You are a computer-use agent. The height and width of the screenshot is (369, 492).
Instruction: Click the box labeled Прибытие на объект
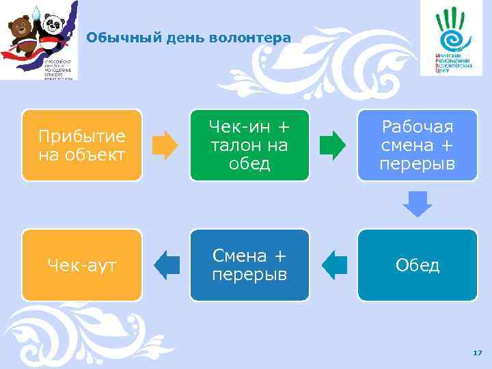(81, 145)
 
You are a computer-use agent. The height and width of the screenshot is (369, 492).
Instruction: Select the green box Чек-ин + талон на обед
(249, 145)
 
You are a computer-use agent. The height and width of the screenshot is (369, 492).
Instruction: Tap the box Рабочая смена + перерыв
(418, 145)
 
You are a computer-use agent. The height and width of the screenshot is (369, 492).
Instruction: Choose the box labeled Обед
(418, 265)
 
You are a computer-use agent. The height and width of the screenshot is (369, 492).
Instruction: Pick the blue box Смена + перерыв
(249, 265)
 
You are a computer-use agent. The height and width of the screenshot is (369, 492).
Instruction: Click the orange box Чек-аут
(81, 265)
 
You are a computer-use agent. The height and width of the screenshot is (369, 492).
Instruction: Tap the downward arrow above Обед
(418, 204)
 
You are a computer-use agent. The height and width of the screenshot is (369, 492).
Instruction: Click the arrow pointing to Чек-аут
(166, 264)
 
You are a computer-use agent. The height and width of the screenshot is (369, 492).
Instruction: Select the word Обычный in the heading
(113, 38)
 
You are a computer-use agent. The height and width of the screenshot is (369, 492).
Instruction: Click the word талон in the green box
(230, 145)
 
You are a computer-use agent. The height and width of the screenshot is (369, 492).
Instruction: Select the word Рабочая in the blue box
(418, 126)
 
